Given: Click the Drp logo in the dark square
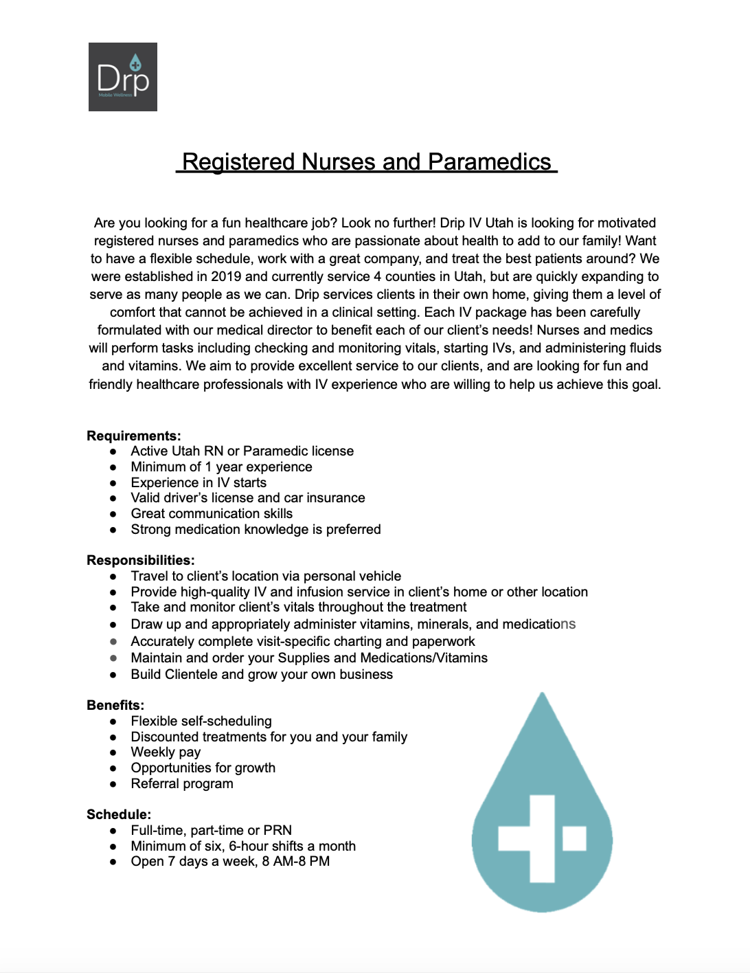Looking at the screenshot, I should click(x=123, y=77).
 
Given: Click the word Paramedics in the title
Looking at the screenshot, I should click(x=489, y=162).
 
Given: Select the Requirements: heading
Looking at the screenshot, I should click(x=134, y=436).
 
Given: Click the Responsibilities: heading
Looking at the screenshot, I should click(x=141, y=560).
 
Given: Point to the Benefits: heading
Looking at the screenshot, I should click(x=115, y=705).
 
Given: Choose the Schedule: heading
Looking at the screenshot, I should click(x=119, y=814).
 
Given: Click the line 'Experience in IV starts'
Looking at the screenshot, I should click(x=198, y=482).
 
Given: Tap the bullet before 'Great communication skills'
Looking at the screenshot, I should click(x=113, y=514).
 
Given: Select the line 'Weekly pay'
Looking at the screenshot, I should click(x=166, y=752).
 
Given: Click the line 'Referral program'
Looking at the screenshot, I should click(x=182, y=784).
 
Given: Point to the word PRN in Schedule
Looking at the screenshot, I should click(x=277, y=830).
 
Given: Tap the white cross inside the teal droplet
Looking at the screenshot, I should click(x=542, y=838).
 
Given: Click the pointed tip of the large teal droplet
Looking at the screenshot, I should click(x=543, y=695).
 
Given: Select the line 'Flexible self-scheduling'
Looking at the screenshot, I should click(x=201, y=721).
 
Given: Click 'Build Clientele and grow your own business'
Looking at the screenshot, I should click(x=262, y=675).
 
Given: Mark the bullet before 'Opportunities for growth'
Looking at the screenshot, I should click(x=113, y=768).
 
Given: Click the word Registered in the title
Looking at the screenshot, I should click(x=238, y=162).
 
